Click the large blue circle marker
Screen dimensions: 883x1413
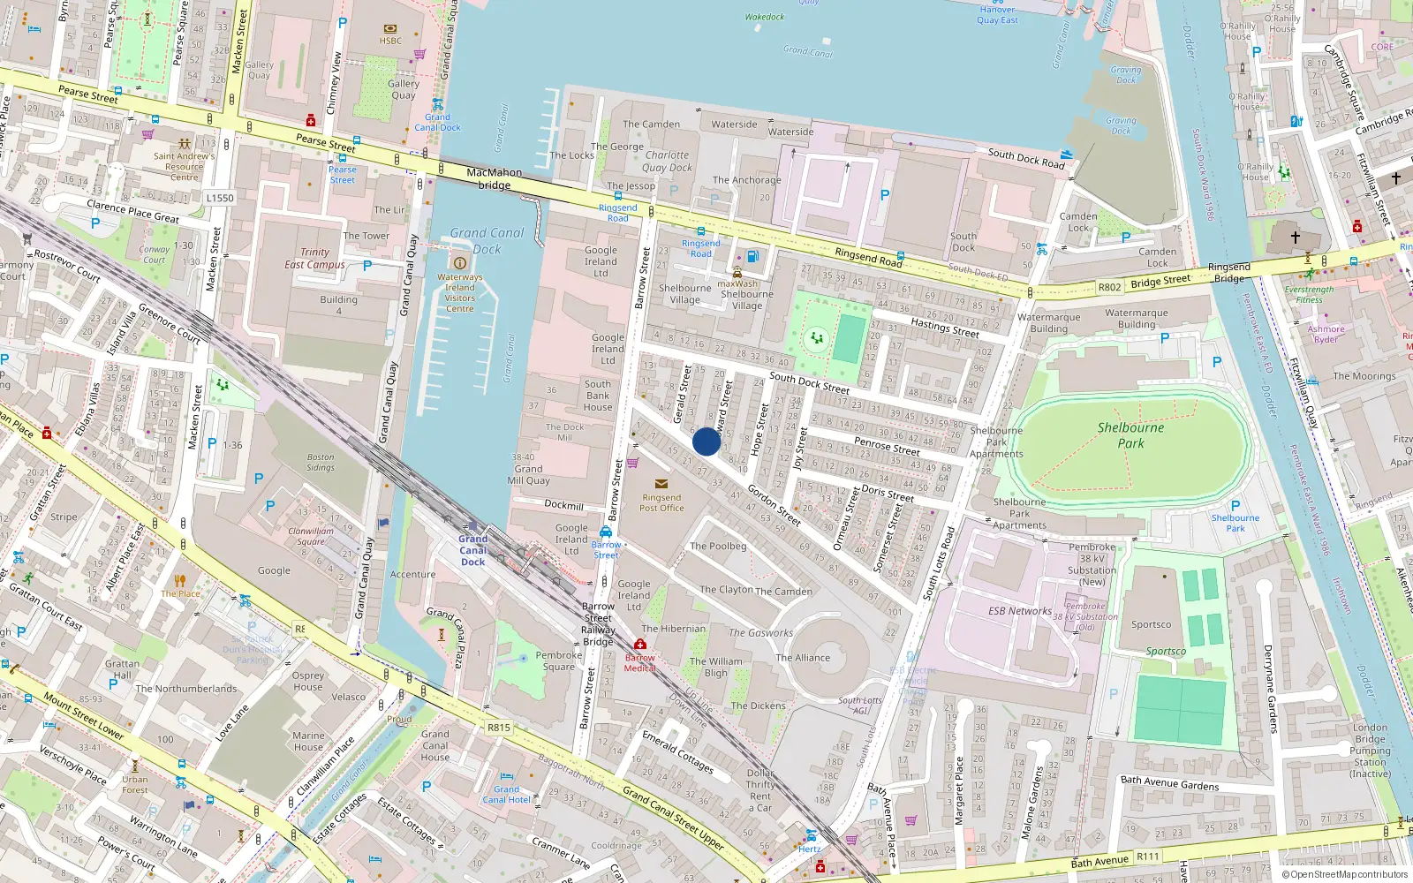pos(706,441)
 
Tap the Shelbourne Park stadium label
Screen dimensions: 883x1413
pos(1130,435)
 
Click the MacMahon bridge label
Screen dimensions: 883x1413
pos(494,178)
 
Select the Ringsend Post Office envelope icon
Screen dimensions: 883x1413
pos(661,483)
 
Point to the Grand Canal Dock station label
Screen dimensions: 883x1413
pos(472,550)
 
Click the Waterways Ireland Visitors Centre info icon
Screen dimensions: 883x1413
pos(459,263)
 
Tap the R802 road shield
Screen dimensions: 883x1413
pos(1109,287)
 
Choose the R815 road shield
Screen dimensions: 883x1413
pos(498,728)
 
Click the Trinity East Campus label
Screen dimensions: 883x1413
pos(314,258)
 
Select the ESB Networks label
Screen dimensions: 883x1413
pos(1020,611)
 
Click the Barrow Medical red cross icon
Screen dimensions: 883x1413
pos(640,644)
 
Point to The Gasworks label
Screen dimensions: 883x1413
pos(760,633)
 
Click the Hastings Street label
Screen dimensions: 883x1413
pos(944,328)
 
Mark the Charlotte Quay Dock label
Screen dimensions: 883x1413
pos(667,161)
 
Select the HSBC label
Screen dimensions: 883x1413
pos(390,41)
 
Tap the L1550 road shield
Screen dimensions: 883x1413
pos(220,198)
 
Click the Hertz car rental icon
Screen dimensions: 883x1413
pos(811,835)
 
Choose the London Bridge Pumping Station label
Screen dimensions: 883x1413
pos(1370,751)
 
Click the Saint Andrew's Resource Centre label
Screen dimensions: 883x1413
pos(184,167)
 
